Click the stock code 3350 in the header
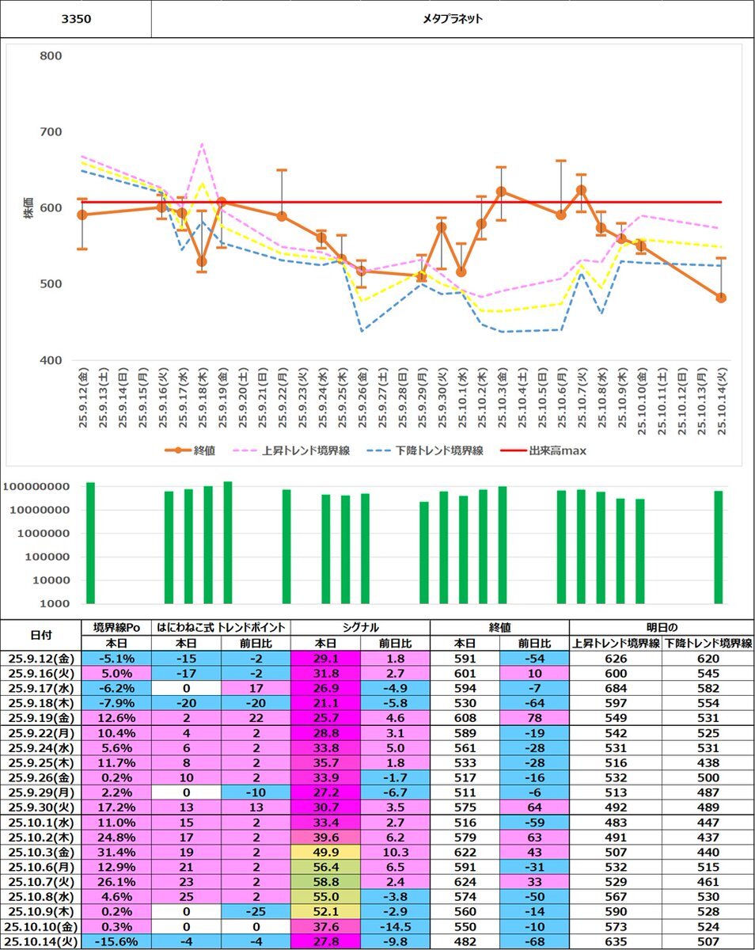tap(76, 19)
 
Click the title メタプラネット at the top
tap(453, 19)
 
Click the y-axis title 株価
tap(28, 207)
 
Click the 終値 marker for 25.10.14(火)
tap(721, 298)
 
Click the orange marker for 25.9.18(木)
tap(202, 261)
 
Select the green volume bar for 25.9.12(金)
tap(90, 543)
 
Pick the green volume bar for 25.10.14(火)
tap(719, 547)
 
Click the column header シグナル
tap(360, 627)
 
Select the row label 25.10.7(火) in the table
tap(42, 881)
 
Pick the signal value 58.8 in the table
tap(325, 881)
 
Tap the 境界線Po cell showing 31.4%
tap(116, 851)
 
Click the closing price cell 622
tap(465, 851)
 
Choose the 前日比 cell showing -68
tap(534, 941)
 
